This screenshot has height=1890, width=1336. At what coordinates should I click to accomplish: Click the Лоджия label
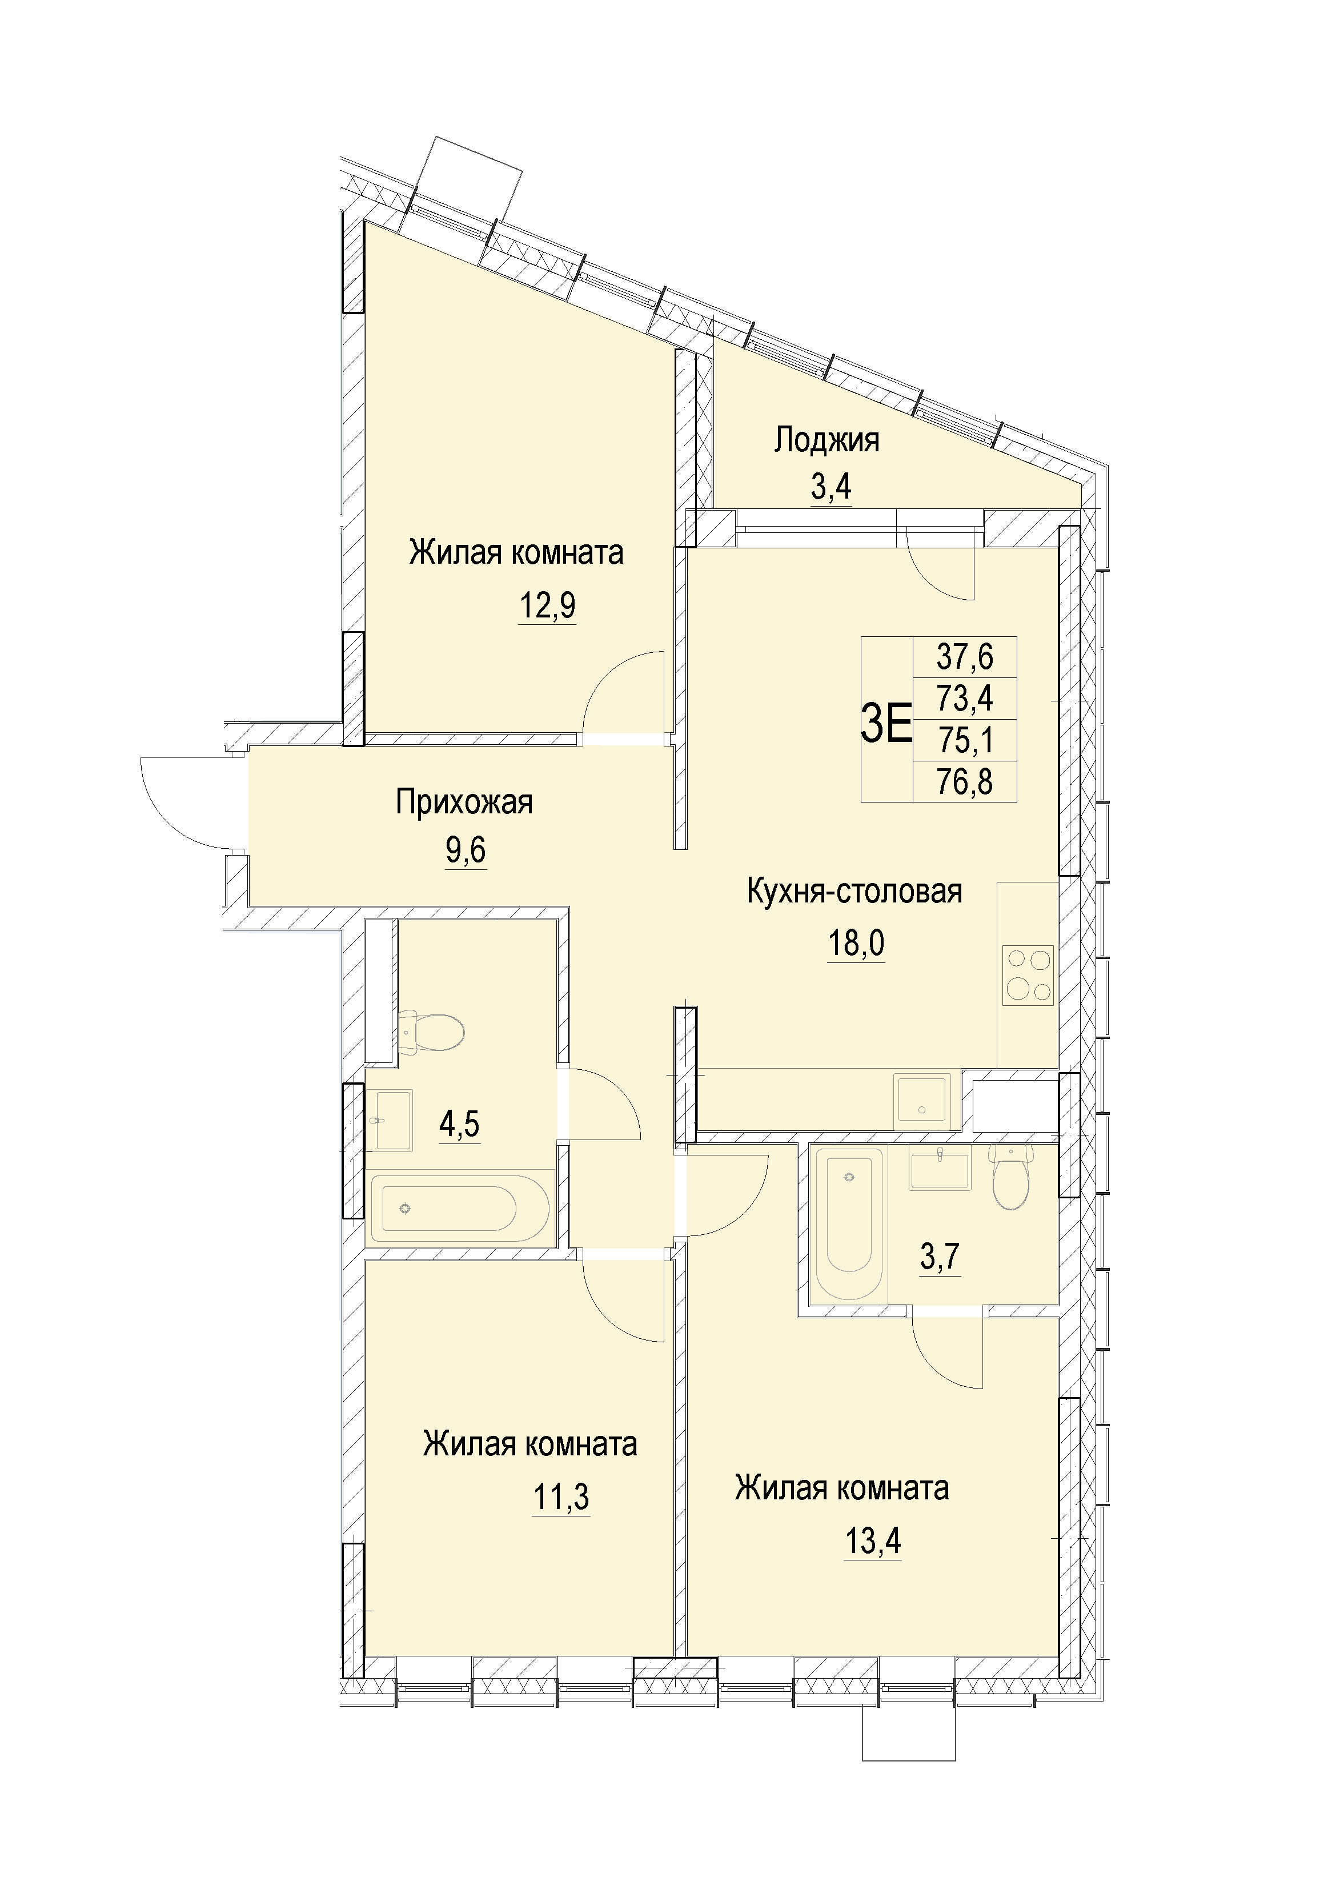coord(827,441)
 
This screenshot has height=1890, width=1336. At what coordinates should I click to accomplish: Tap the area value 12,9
coord(547,607)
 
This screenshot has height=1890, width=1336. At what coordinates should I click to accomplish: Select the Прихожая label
coord(464,802)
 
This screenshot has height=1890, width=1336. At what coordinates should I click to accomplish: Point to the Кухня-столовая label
coord(854,892)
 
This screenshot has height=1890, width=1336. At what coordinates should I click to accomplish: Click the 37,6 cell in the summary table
coord(965,657)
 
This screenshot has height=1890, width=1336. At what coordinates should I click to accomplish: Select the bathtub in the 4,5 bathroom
coord(459,1209)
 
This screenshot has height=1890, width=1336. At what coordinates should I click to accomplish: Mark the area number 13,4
coord(873,1541)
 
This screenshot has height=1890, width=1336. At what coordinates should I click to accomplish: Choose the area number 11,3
coord(561,1498)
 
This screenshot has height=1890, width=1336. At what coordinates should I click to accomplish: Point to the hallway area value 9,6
coord(466,851)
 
